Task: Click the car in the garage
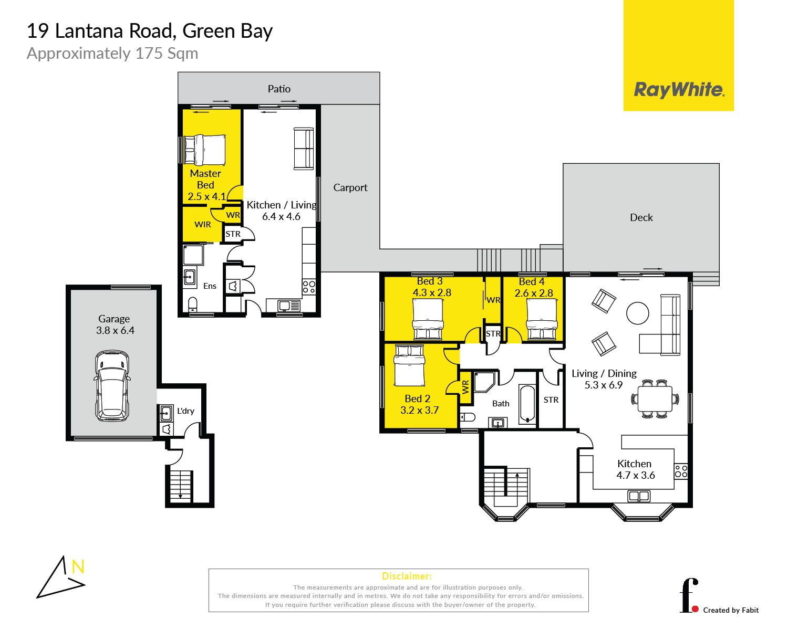(112, 386)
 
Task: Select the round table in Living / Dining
(638, 313)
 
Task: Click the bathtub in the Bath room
(527, 404)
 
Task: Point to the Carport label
(350, 187)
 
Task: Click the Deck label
(641, 217)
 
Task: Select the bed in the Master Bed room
(204, 149)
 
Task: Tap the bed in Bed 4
(542, 319)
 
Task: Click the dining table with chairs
(655, 398)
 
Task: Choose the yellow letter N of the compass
(78, 566)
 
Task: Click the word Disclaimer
(407, 576)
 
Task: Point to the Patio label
(279, 89)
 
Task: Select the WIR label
(202, 224)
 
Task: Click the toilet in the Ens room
(193, 305)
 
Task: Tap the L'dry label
(185, 411)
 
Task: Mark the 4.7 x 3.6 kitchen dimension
(635, 475)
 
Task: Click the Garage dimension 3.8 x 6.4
(115, 330)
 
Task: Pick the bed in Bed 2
(409, 365)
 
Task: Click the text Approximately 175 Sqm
(112, 54)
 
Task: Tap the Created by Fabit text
(731, 610)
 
